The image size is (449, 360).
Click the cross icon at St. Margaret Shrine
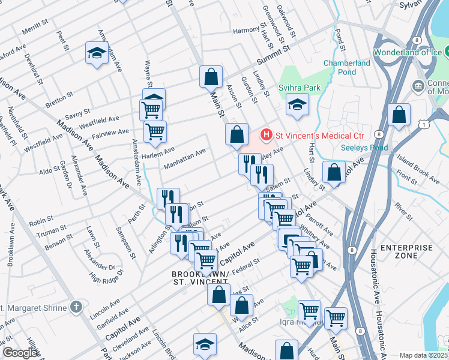[x=75, y=307]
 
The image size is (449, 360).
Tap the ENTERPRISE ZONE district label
[x=406, y=251]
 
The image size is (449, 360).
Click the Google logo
[x=20, y=353]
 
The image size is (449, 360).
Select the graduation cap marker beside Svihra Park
[x=297, y=104]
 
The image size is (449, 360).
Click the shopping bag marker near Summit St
[x=211, y=76]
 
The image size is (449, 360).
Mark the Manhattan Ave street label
[x=185, y=155]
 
